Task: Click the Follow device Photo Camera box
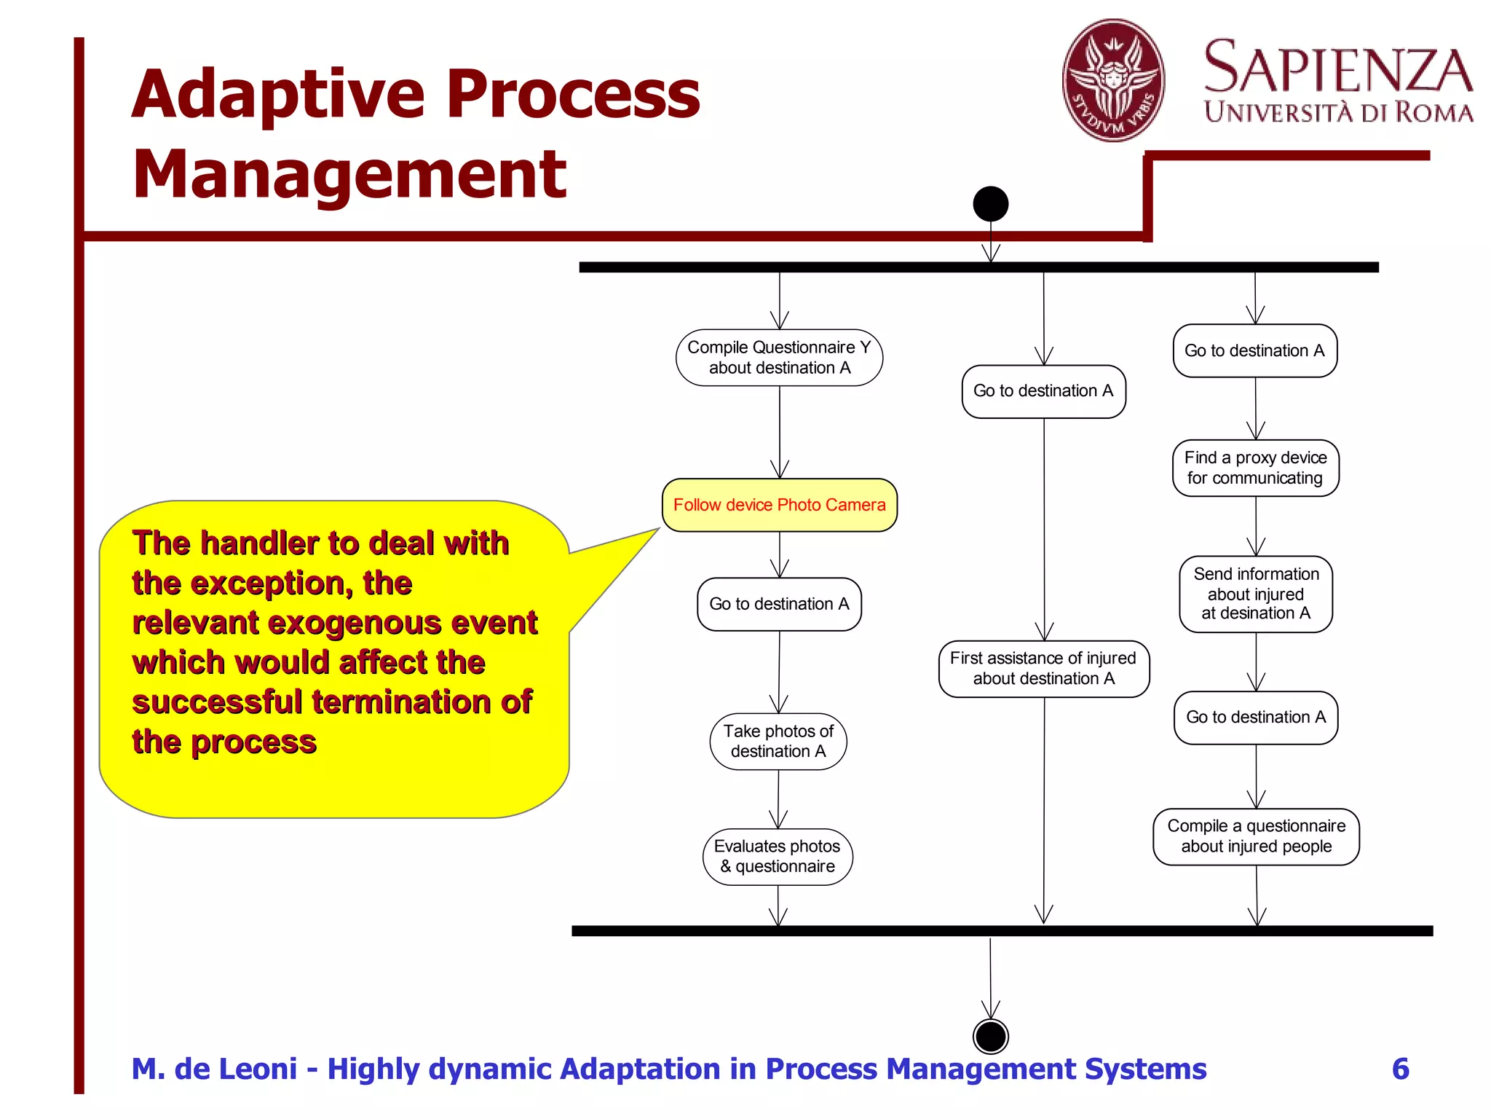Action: tap(779, 505)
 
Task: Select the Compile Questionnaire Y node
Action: tap(779, 358)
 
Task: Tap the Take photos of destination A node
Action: tap(778, 741)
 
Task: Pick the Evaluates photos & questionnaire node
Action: tap(778, 856)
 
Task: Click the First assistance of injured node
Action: tap(1043, 668)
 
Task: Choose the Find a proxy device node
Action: tap(1255, 468)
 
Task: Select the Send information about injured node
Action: tap(1255, 594)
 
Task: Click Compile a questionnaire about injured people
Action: tap(1256, 836)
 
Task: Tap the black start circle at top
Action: tap(990, 203)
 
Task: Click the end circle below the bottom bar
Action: tap(990, 1036)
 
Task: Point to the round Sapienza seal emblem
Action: tap(1113, 80)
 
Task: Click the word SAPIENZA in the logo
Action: tap(1338, 67)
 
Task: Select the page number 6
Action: tap(1400, 1069)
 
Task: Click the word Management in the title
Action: tap(349, 174)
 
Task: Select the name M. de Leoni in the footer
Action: tap(214, 1069)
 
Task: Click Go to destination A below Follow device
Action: tap(779, 604)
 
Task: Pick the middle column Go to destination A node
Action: tap(1043, 391)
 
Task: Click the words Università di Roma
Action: tap(1338, 113)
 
